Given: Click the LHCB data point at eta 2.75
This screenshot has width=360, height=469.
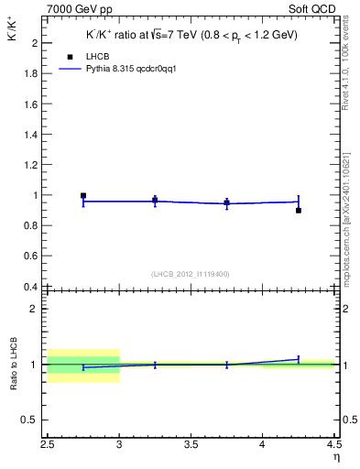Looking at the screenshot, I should [83, 195].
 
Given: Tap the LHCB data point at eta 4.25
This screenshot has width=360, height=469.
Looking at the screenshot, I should [299, 211].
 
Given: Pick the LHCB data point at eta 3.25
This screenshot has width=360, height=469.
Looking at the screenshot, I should [155, 200].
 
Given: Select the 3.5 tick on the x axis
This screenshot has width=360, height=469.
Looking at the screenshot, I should [191, 446].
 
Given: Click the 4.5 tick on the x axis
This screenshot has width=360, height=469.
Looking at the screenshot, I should [333, 446].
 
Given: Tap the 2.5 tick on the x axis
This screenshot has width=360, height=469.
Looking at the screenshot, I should [48, 446].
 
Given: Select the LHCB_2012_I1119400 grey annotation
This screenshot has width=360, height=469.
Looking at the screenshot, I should [191, 274].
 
